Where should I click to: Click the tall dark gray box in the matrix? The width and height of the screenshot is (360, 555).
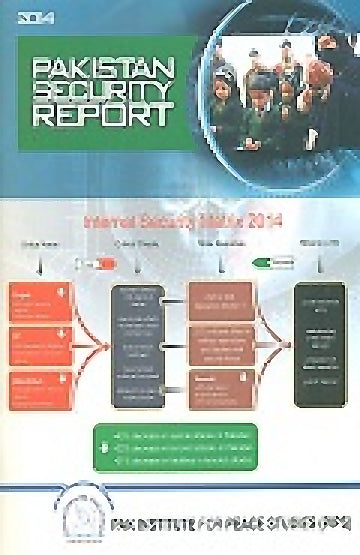[x=138, y=345]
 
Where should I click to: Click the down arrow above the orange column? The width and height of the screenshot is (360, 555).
[x=38, y=267]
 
